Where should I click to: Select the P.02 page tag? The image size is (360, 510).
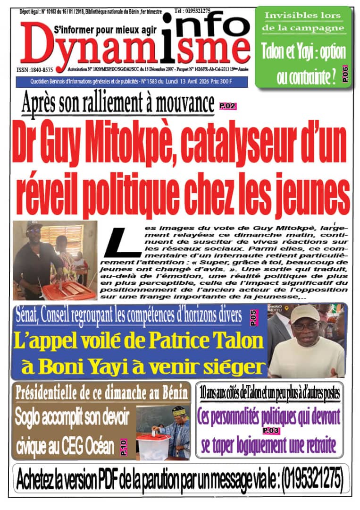pyautogui.click(x=227, y=106)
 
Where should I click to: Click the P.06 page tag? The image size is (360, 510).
pyautogui.click(x=345, y=74)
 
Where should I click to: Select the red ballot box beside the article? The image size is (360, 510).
pyautogui.click(x=69, y=290)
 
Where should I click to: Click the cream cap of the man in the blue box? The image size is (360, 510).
pyautogui.click(x=304, y=313)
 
